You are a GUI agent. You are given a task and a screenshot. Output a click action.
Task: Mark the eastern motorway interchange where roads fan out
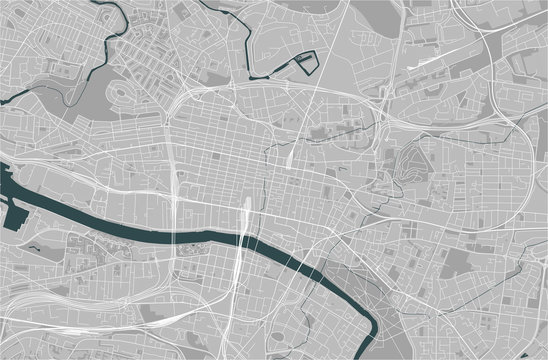click(x=500, y=110)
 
